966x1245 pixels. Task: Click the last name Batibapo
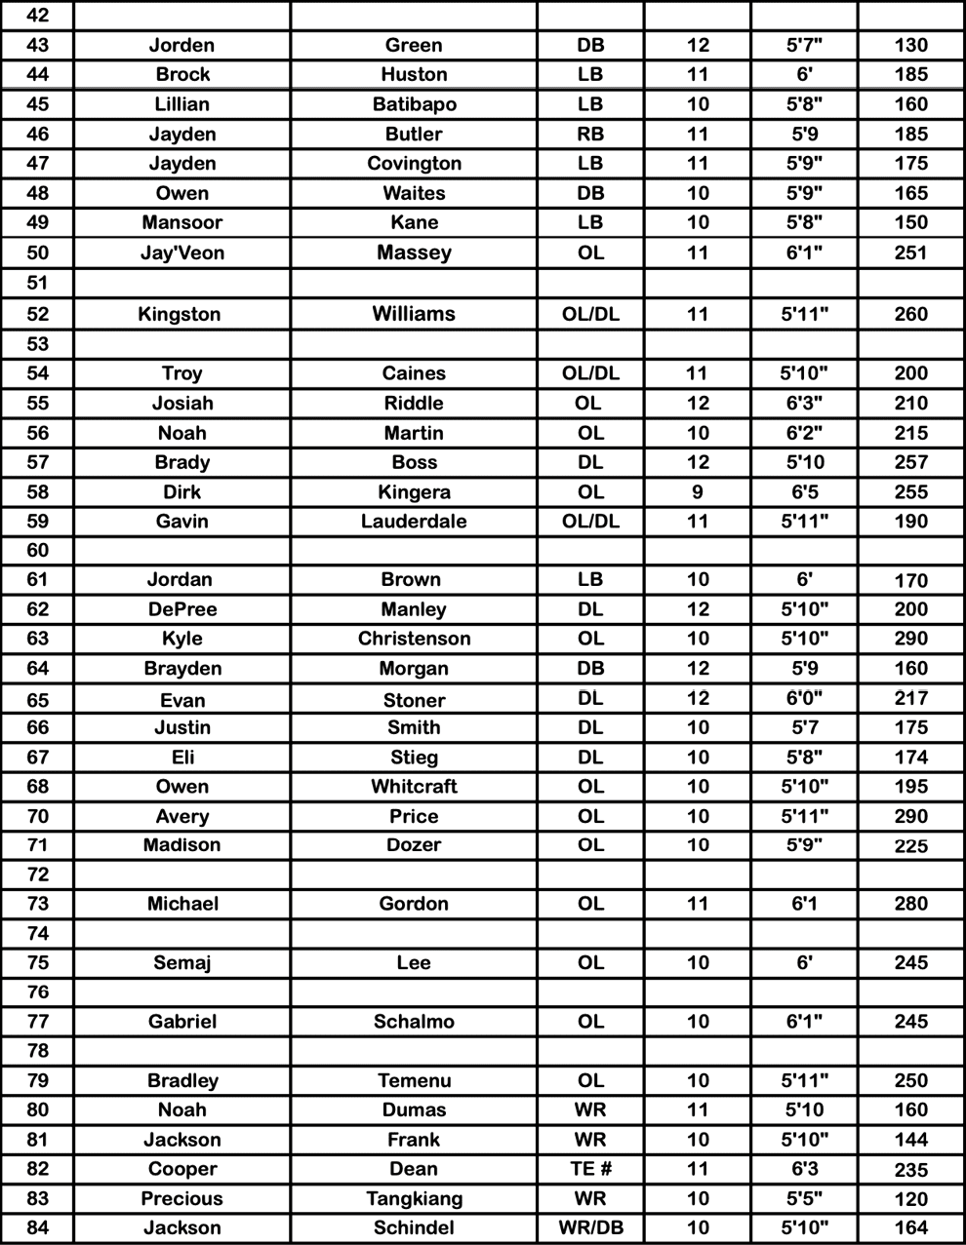pyautogui.click(x=414, y=104)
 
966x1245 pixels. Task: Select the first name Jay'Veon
pyautogui.click(x=182, y=253)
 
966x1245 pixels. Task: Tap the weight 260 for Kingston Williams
pyautogui.click(x=910, y=314)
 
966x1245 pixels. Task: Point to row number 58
pyautogui.click(x=37, y=491)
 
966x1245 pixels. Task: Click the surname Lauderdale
pyautogui.click(x=414, y=521)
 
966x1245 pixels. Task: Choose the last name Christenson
pyautogui.click(x=414, y=639)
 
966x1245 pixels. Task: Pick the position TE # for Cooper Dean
pyautogui.click(x=590, y=1169)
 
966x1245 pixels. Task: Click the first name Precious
pyautogui.click(x=182, y=1198)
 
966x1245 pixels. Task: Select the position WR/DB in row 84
pyautogui.click(x=590, y=1227)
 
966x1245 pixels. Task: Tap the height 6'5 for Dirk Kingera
pyautogui.click(x=804, y=491)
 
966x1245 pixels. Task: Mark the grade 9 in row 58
pyautogui.click(x=697, y=491)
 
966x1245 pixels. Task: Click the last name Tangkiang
pyautogui.click(x=414, y=1198)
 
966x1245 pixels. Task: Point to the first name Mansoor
pyautogui.click(x=182, y=222)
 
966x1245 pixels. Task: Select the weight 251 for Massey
pyautogui.click(x=910, y=253)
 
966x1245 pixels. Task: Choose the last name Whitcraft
pyautogui.click(x=414, y=786)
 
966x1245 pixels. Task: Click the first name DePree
pyautogui.click(x=182, y=609)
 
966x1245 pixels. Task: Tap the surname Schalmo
pyautogui.click(x=414, y=1022)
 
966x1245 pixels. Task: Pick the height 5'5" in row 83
pyautogui.click(x=804, y=1198)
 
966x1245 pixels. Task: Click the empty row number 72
pyautogui.click(x=37, y=874)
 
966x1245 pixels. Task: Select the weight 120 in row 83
pyautogui.click(x=910, y=1198)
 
